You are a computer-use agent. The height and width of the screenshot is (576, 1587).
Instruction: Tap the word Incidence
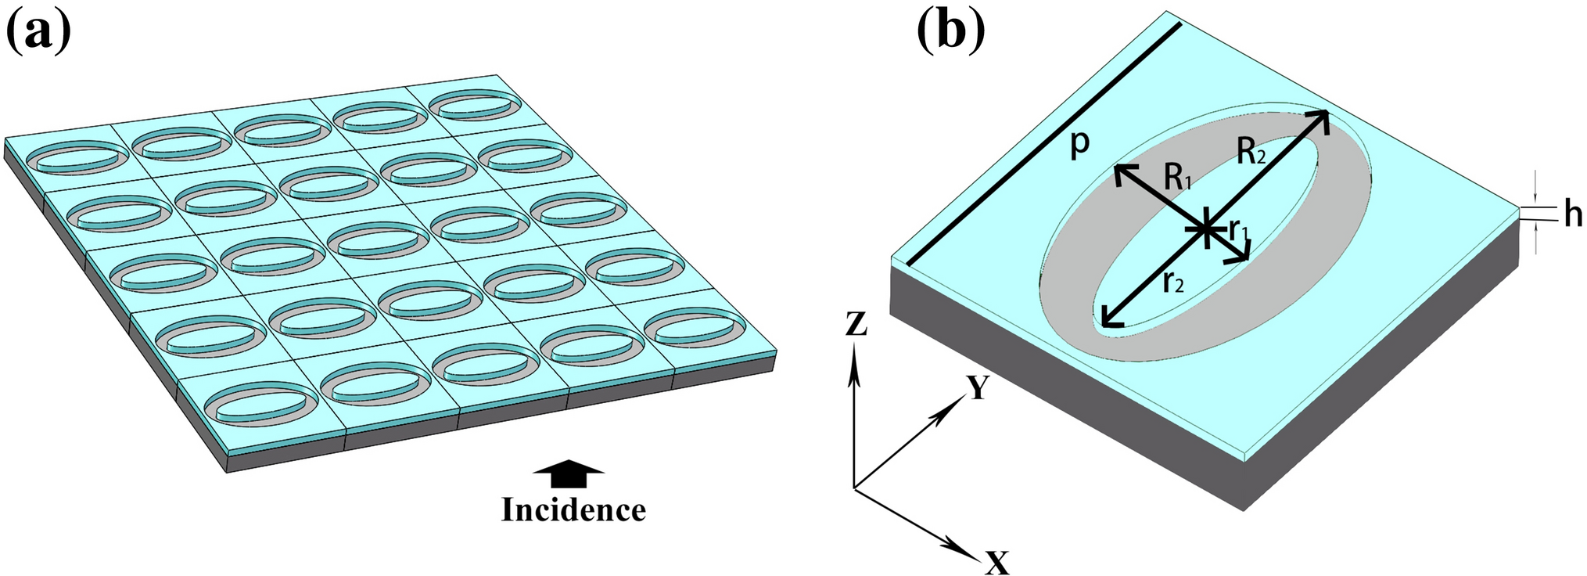(x=573, y=510)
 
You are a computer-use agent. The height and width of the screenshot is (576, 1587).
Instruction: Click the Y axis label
(x=978, y=387)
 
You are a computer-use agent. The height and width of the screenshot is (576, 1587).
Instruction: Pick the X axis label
(x=997, y=562)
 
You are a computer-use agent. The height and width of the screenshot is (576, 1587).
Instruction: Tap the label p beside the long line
(x=1079, y=143)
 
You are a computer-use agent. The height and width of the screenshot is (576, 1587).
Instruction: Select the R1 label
(x=1177, y=178)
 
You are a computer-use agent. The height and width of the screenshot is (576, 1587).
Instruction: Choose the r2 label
(x=1173, y=281)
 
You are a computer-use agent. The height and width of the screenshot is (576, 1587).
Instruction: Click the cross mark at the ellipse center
(x=1208, y=229)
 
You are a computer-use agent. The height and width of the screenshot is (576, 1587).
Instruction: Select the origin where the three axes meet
(x=854, y=488)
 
